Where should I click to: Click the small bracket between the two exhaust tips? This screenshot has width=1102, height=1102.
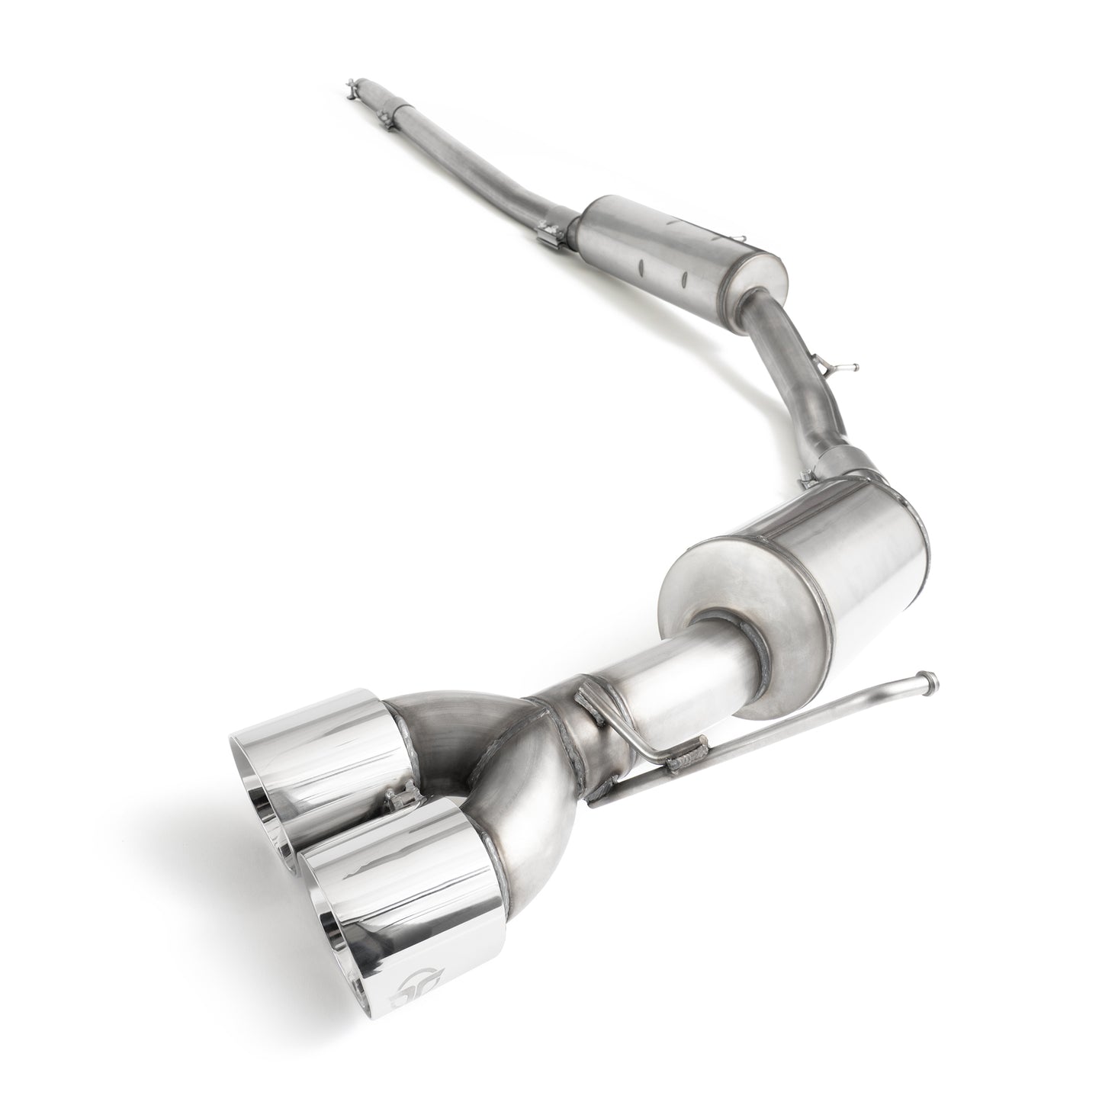pyautogui.click(x=394, y=801)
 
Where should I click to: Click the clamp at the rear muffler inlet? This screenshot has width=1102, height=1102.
pyautogui.click(x=808, y=477)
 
